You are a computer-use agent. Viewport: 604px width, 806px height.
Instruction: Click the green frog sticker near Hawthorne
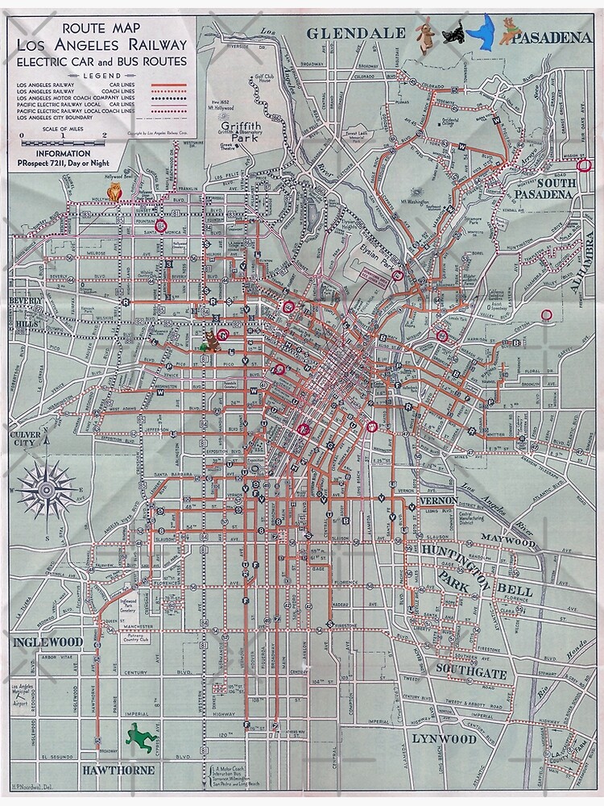tap(141, 736)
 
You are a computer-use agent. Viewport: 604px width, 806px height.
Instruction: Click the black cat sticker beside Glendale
tap(452, 33)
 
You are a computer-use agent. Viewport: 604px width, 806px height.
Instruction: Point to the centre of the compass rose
tap(47, 490)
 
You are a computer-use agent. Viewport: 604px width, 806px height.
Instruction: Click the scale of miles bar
tap(63, 143)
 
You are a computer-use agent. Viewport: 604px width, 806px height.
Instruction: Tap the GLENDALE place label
tap(355, 33)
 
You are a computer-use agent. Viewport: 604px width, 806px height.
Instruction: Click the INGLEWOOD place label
tap(48, 642)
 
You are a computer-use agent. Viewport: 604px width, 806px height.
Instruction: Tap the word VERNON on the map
tap(439, 501)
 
